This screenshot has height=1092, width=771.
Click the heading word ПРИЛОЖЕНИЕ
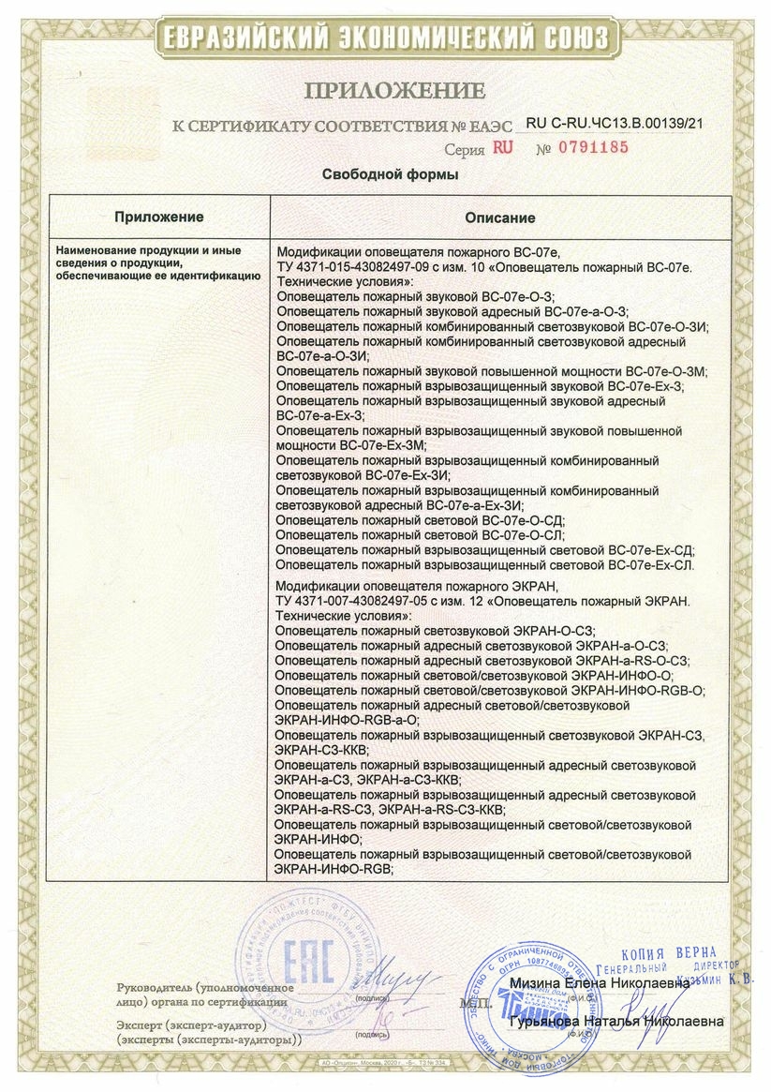[393, 91]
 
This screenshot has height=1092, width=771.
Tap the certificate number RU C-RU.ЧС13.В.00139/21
[615, 122]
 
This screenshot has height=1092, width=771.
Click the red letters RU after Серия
[503, 148]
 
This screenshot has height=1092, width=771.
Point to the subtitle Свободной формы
[391, 174]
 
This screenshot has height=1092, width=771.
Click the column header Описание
[500, 217]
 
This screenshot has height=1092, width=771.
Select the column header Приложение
[159, 217]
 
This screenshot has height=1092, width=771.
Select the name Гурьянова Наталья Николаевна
[615, 1022]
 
